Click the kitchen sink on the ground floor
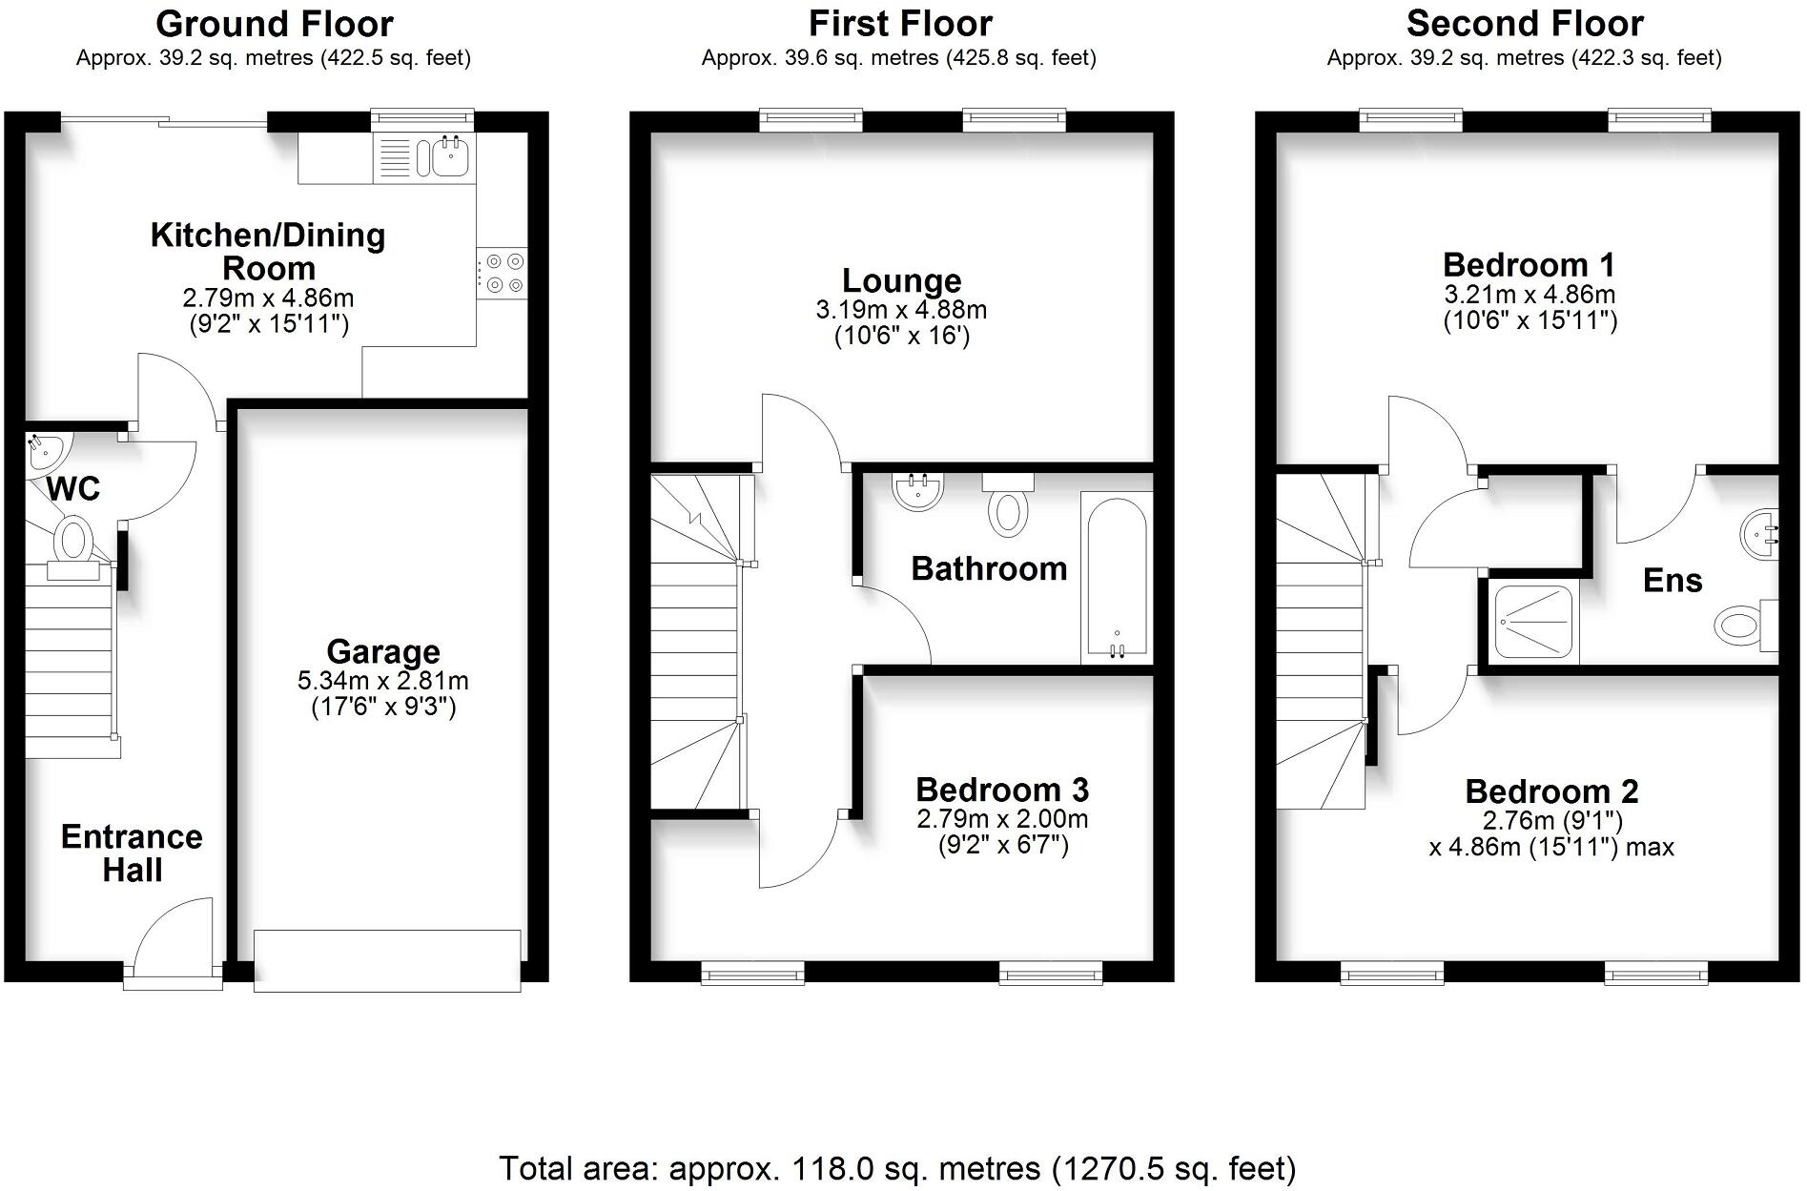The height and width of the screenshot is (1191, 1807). (x=449, y=156)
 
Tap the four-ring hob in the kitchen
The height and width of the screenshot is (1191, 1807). (x=502, y=273)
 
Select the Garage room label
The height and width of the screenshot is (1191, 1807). (x=383, y=651)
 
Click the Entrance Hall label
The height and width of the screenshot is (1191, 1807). (x=132, y=852)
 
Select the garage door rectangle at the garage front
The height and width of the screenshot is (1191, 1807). (x=387, y=960)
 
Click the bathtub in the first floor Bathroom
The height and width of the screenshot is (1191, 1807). (x=1116, y=577)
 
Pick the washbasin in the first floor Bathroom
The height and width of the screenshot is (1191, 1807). (x=917, y=491)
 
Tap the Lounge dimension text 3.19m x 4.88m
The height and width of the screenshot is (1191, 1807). (x=901, y=310)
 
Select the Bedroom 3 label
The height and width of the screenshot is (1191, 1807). (x=1002, y=790)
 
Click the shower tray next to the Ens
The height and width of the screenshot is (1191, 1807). (x=1532, y=621)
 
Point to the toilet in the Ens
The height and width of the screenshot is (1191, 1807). (x=1741, y=626)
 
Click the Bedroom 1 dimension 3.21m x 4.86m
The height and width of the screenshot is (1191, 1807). (x=1530, y=294)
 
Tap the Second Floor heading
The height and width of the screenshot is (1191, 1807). (x=1524, y=23)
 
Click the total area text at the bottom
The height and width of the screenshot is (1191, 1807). (x=897, y=1167)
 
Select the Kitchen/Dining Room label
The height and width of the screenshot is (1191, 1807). (x=268, y=251)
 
